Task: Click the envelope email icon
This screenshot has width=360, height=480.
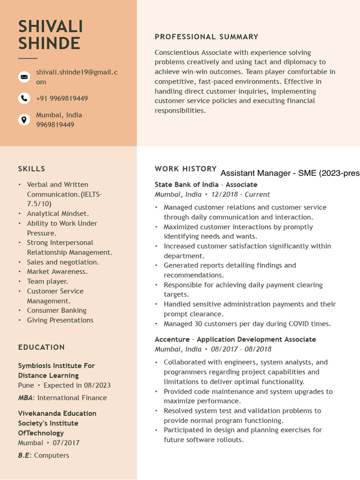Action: point(24,77)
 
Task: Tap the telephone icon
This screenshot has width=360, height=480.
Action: point(24,98)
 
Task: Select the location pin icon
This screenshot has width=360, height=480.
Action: point(24,120)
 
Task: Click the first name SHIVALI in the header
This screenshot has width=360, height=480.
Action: point(51,27)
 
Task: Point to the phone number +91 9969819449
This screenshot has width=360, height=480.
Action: point(62,98)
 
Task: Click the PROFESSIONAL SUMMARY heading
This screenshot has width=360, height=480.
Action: point(206,37)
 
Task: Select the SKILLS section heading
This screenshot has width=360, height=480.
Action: point(31,169)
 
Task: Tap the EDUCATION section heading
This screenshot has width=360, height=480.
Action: point(41,347)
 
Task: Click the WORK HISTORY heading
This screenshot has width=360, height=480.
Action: point(186,169)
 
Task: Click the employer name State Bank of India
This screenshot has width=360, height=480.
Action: point(187,185)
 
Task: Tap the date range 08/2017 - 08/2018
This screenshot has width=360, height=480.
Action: point(241,349)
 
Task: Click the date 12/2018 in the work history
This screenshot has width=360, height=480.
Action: point(224,195)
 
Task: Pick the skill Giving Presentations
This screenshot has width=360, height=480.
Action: point(60,320)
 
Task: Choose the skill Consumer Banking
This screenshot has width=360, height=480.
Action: point(57,310)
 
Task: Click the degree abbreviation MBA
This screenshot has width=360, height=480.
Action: point(25,398)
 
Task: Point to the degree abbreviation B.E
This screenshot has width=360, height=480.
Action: point(23,456)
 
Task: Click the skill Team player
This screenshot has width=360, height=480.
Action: point(47,281)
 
